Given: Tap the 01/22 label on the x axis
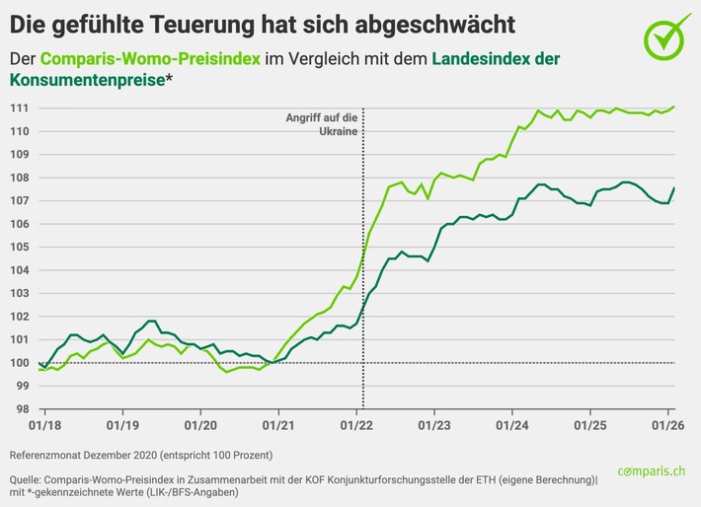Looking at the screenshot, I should (356, 426).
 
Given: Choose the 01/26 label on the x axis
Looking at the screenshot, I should (668, 426).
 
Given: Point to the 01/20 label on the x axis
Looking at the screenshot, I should (200, 426).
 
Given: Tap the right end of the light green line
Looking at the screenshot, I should (674, 107).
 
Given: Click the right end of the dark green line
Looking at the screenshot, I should (674, 187).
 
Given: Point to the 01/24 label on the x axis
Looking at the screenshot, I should (512, 426).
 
